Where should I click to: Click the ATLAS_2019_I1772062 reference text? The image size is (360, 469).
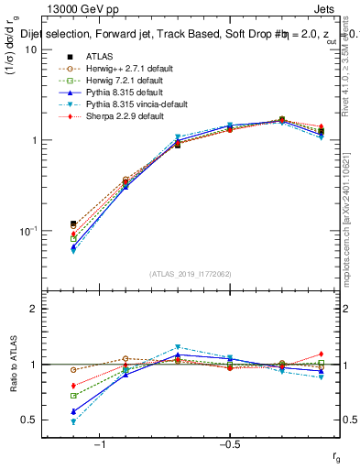191,274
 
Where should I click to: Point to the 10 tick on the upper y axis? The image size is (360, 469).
29,49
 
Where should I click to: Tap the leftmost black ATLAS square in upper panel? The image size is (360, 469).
73,224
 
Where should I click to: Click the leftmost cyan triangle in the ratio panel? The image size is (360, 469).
73,421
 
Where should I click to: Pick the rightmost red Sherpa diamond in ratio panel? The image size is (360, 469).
320,354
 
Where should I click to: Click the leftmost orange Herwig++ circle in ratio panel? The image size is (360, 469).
73,370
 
